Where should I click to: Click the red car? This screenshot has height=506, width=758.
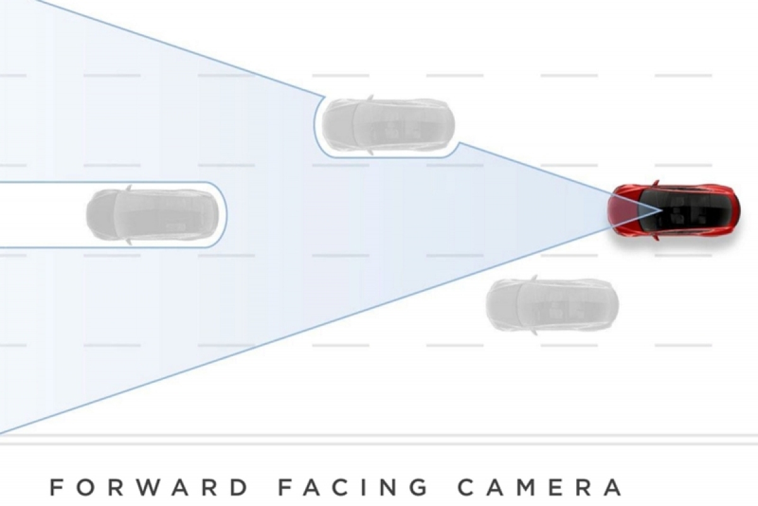pos(673,210)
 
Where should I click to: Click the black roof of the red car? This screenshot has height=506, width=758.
pos(683,210)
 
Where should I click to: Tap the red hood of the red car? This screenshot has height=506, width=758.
pos(622,210)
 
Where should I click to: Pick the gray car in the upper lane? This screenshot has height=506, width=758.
pos(388,125)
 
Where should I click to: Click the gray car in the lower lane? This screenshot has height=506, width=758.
pos(552,304)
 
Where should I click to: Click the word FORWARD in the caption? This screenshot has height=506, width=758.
pos(149,488)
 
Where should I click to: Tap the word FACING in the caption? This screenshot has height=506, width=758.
pos(353,488)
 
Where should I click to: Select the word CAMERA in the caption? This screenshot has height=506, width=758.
pos(539,488)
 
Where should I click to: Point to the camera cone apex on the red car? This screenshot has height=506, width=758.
pos(662,210)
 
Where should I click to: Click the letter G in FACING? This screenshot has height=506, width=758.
pos(418,488)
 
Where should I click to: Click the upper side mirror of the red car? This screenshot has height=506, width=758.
pos(656,183)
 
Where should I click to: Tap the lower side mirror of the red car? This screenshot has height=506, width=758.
pos(656,238)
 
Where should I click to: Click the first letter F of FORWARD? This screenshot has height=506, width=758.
pos(56,488)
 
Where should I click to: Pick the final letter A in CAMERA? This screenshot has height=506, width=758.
pos(613,488)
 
